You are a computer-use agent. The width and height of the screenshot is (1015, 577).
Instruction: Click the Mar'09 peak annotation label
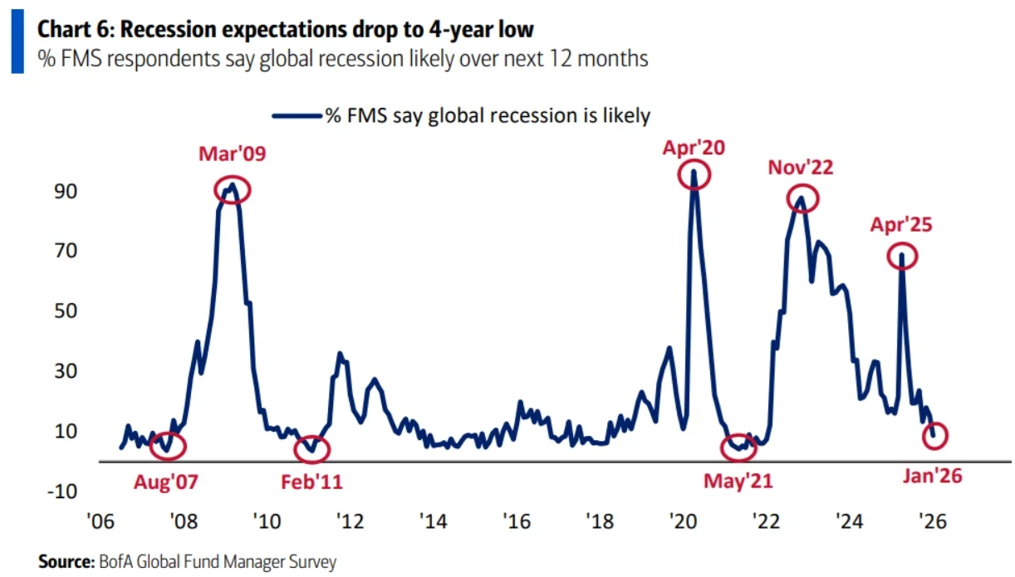pyautogui.click(x=232, y=154)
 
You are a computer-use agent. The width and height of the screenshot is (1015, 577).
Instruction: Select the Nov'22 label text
pyautogui.click(x=799, y=168)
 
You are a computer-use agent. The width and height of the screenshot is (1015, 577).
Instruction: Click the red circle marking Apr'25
pyautogui.click(x=901, y=256)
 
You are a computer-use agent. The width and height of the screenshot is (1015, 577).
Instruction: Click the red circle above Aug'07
pyautogui.click(x=169, y=446)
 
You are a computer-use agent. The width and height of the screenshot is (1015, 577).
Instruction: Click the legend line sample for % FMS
pyautogui.click(x=297, y=115)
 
